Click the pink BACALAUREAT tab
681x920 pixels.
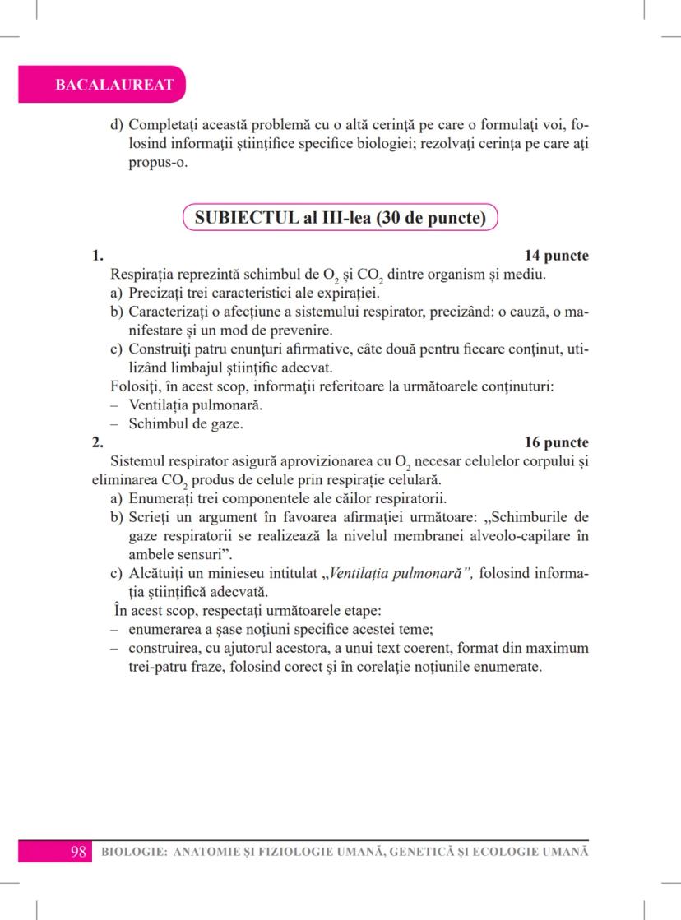tap(102, 85)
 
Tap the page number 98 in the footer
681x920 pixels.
tap(79, 851)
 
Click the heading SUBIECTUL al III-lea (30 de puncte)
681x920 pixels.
tap(340, 219)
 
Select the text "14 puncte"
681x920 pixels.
tap(557, 257)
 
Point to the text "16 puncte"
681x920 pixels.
tap(557, 442)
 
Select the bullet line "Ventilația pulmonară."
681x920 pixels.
tap(191, 405)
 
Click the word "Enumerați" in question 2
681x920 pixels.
tap(160, 498)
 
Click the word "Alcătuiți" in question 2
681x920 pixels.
tap(158, 574)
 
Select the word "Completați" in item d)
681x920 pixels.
tap(164, 127)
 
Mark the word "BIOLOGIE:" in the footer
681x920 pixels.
tap(130, 852)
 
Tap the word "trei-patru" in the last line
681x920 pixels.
tap(160, 667)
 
